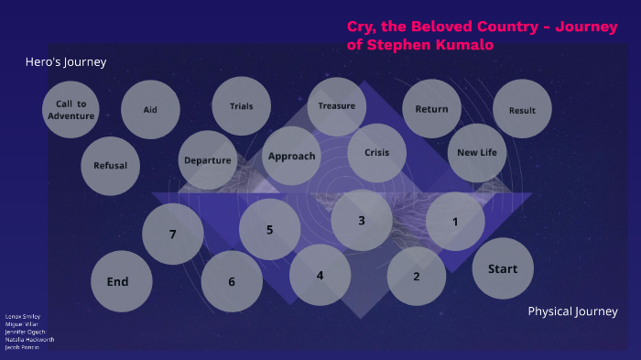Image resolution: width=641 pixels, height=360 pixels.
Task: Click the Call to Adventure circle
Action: click(x=71, y=110)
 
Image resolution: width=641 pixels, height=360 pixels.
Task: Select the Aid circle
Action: click(x=150, y=110)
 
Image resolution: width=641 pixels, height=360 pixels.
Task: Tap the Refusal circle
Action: click(x=110, y=166)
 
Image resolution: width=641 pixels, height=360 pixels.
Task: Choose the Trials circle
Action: click(x=241, y=106)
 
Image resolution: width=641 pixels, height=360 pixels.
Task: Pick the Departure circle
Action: click(x=207, y=160)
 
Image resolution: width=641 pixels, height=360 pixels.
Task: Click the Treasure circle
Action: click(x=336, y=106)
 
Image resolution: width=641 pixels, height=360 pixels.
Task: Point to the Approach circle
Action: click(x=291, y=156)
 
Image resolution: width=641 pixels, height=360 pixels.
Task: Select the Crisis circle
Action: click(x=377, y=152)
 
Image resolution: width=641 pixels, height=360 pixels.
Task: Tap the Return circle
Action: click(x=431, y=109)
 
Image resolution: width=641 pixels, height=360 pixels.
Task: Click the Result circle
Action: click(x=522, y=111)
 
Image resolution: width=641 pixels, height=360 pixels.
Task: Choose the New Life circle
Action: click(x=476, y=152)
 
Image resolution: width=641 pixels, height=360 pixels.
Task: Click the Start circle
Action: click(x=502, y=268)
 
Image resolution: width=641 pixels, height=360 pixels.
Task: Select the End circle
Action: click(x=121, y=281)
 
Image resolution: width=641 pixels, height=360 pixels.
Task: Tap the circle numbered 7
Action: click(x=172, y=234)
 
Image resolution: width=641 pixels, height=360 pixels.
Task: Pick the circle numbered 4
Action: click(x=320, y=275)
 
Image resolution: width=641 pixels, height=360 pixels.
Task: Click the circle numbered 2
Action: click(x=417, y=277)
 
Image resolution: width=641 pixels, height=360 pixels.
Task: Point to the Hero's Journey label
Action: click(x=66, y=62)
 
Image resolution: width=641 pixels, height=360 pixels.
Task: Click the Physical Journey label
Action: click(x=572, y=311)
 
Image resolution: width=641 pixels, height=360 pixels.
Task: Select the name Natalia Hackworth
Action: click(x=29, y=339)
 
